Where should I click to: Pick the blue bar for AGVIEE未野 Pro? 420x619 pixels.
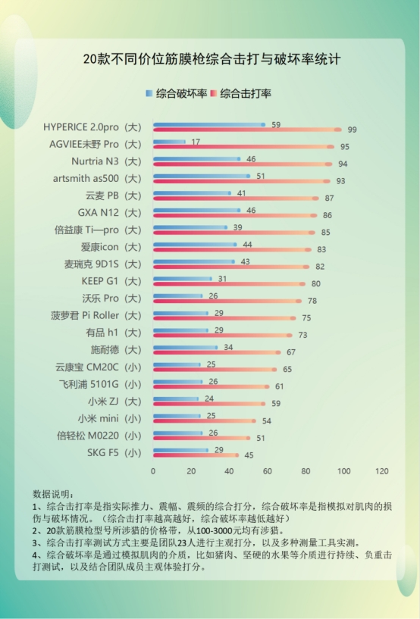click(x=169, y=141)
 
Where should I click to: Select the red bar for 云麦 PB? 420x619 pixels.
click(x=235, y=199)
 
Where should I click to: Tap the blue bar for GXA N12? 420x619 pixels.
click(x=196, y=210)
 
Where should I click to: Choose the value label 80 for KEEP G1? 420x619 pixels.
click(x=315, y=284)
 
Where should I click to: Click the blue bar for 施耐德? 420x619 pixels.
click(x=185, y=347)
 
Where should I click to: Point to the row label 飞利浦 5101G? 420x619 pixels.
click(x=99, y=383)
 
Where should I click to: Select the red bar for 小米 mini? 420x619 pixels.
click(x=204, y=421)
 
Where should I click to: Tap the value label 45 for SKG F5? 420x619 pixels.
click(x=249, y=455)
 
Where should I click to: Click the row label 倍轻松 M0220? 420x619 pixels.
click(x=99, y=435)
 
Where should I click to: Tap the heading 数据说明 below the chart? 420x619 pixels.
click(x=54, y=493)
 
